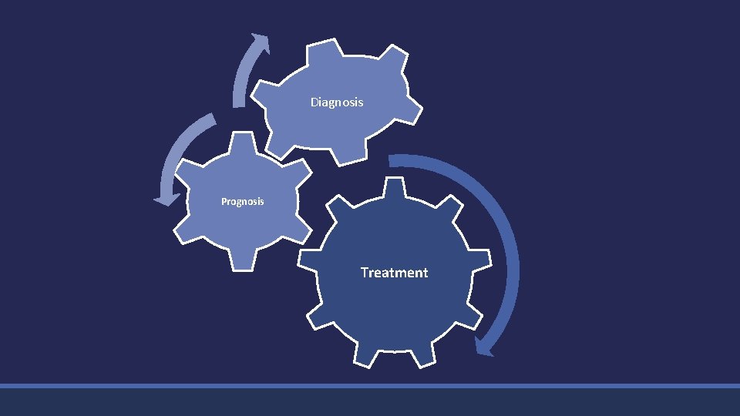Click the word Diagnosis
point(337,102)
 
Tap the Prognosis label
point(242,202)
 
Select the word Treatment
point(394,273)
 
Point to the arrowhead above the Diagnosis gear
point(261,43)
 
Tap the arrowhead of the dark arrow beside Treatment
point(484,346)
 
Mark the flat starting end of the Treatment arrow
point(391,160)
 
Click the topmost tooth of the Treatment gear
point(394,187)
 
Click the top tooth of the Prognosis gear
point(243,143)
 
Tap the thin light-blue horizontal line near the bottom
point(370,385)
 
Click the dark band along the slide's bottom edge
point(370,402)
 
